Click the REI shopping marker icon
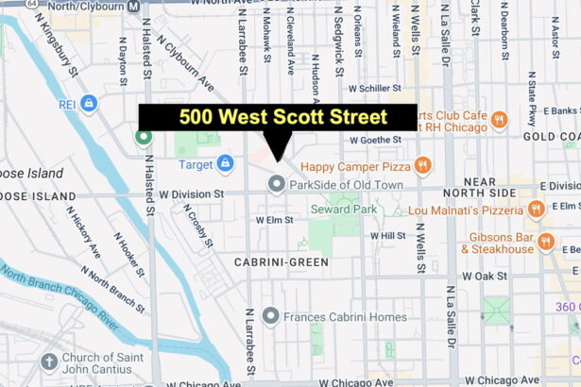pos(88,103)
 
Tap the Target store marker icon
pos(225,164)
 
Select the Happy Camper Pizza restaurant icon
pos(421,165)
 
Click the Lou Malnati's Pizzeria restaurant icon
pos(537,209)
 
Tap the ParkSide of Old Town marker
pos(277,183)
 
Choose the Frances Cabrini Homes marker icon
pos(271,316)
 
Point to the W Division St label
pos(191,195)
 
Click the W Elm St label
pos(276,219)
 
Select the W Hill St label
pos(387,235)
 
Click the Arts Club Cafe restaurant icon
pos(499,120)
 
